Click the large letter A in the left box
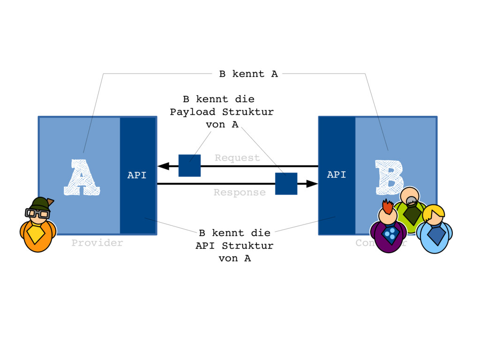82,177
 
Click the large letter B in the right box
389,177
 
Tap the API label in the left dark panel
137,176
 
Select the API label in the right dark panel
337,175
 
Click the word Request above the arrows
237,158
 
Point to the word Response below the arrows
240,193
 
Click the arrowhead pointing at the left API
163,166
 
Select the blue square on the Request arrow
189,165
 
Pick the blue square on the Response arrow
286,183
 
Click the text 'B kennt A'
248,74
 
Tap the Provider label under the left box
97,243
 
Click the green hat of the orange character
41,203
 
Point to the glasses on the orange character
37,213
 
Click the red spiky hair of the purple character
387,207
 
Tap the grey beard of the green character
411,202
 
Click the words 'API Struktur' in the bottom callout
234,246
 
